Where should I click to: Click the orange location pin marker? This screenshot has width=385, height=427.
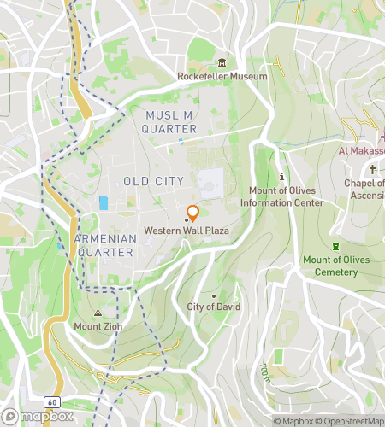pyautogui.click(x=193, y=213)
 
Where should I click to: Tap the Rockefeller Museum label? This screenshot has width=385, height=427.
pyautogui.click(x=222, y=76)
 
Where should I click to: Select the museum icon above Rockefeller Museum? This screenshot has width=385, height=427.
pyautogui.click(x=222, y=62)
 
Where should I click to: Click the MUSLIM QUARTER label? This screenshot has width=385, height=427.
pyautogui.click(x=171, y=122)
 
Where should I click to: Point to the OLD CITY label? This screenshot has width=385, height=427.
pyautogui.click(x=153, y=181)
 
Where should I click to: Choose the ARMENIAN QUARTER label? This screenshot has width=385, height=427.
pyautogui.click(x=104, y=246)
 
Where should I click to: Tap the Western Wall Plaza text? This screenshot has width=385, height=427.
pyautogui.click(x=187, y=231)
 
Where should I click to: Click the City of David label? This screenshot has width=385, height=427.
pyautogui.click(x=214, y=307)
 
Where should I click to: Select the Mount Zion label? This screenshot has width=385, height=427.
pyautogui.click(x=98, y=325)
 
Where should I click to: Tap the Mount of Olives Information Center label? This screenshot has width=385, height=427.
pyautogui.click(x=281, y=196)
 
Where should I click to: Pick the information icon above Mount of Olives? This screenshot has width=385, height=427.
pyautogui.click(x=281, y=176)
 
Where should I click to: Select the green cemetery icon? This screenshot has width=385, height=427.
pyautogui.click(x=335, y=246)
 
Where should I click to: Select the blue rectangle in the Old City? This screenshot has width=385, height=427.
pyautogui.click(x=104, y=203)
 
